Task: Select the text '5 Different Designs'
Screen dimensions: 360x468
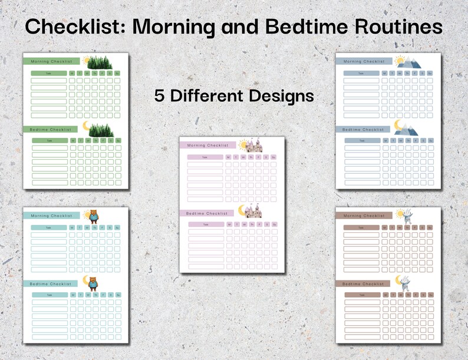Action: [234, 95]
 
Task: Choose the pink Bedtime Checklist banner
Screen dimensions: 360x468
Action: [208, 213]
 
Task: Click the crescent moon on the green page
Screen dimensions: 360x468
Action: [87, 126]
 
